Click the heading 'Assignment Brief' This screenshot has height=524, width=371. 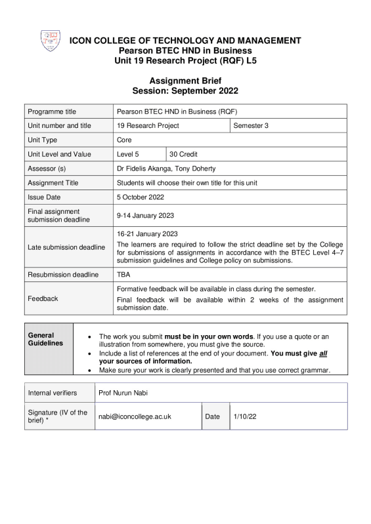coord(185,80)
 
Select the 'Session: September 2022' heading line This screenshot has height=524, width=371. coord(185,91)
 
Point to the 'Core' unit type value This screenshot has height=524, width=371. coord(124,140)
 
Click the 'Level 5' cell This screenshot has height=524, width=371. coord(128,154)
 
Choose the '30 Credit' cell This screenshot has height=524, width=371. coord(184,154)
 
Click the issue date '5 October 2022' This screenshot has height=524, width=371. coord(141,197)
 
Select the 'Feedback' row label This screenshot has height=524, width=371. coord(43,298)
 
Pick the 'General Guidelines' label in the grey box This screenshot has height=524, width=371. coord(42,339)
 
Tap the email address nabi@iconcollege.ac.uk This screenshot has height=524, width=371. coord(135,416)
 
